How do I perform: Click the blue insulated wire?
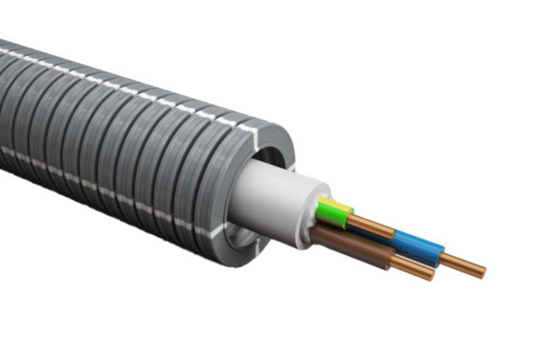(418, 247)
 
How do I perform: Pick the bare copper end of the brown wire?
(412, 268)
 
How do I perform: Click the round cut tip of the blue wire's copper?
(482, 271)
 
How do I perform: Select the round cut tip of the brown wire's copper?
(432, 274)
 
